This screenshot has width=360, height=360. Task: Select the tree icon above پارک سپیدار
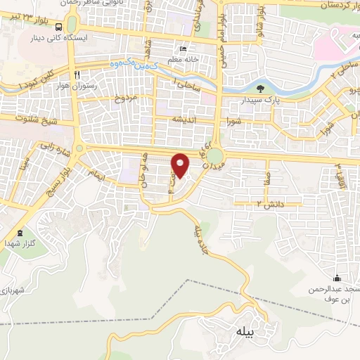point(261,89)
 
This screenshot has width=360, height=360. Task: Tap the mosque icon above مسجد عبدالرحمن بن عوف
point(337,278)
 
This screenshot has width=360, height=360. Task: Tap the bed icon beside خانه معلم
point(183,49)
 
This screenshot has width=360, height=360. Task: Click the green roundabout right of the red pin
point(216,155)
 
